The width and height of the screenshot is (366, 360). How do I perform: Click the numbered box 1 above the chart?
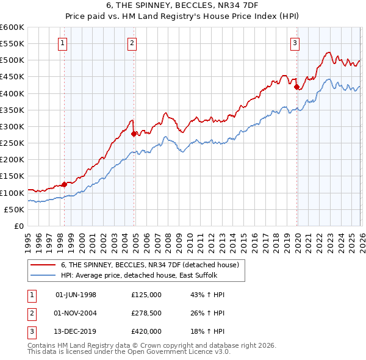click(x=64, y=43)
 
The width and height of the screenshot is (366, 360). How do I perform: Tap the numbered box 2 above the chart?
click(x=132, y=43)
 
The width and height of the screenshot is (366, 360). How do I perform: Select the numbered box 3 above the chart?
click(x=295, y=43)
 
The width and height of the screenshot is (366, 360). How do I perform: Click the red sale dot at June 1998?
click(x=64, y=184)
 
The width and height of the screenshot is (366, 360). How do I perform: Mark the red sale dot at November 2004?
click(x=134, y=134)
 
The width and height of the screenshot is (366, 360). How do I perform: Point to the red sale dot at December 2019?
click(x=297, y=87)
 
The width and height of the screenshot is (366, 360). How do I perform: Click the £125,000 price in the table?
click(x=146, y=295)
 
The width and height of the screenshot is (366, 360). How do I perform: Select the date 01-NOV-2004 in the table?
click(x=76, y=313)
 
